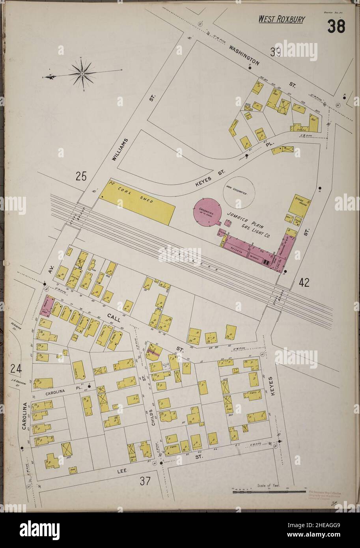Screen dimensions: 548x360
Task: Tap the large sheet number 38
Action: [x=336, y=26]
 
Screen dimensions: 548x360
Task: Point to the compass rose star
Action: [x=82, y=73]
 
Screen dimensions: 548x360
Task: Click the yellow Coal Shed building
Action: [x=137, y=201]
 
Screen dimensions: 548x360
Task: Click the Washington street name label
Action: [x=244, y=56]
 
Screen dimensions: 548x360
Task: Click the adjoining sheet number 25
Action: [x=81, y=177]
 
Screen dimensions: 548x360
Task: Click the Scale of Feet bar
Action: [x=269, y=492]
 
